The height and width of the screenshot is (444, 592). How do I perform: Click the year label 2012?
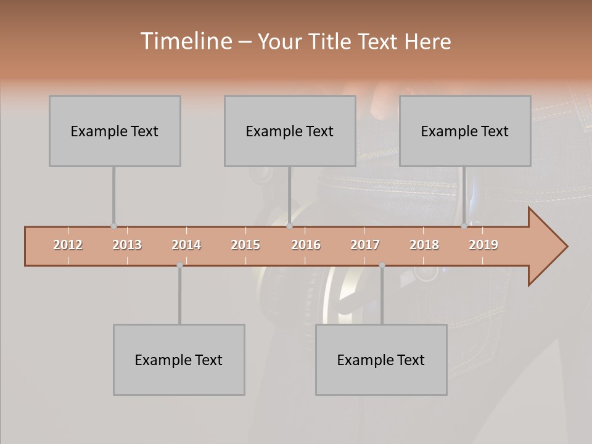68,245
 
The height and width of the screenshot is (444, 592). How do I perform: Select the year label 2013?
127,245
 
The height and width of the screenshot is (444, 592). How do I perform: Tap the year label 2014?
186,245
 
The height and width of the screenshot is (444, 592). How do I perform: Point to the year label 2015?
245,245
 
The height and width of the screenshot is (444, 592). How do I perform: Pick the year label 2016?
306,245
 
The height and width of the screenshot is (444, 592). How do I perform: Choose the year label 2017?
365,245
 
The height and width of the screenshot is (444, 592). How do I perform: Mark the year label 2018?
424,245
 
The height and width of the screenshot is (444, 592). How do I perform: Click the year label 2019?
483,245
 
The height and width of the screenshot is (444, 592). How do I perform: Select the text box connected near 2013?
115,131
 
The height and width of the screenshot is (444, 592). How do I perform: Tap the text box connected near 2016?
290,131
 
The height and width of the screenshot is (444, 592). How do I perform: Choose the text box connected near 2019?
465,131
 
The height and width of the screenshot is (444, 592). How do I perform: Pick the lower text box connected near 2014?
179,360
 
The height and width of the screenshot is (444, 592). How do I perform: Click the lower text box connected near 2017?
381,360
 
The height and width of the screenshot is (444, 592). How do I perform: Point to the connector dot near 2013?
113,226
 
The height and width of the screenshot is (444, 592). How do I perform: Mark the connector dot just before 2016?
289,226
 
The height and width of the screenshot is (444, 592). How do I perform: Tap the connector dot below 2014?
179,265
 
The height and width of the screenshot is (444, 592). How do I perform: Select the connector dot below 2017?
382,265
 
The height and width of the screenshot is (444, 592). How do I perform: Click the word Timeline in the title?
185,41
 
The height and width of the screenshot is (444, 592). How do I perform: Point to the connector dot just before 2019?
464,226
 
